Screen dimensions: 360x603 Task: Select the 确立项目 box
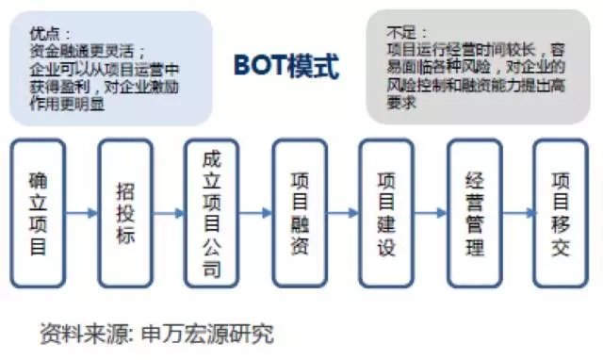38,213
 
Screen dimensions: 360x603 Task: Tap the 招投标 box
124,213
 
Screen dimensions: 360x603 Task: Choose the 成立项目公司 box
212,213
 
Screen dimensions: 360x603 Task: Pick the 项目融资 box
300,213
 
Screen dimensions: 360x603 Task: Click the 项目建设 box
386,213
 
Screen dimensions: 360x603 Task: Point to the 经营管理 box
474,213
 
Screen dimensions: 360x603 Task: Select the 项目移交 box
560,213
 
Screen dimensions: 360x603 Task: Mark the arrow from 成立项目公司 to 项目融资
255,213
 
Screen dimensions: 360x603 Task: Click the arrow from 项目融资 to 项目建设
343,213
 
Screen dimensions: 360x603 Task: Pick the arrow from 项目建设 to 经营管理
431,213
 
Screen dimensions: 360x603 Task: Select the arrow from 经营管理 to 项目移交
517,213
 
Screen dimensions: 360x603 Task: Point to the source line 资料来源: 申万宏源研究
156,332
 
